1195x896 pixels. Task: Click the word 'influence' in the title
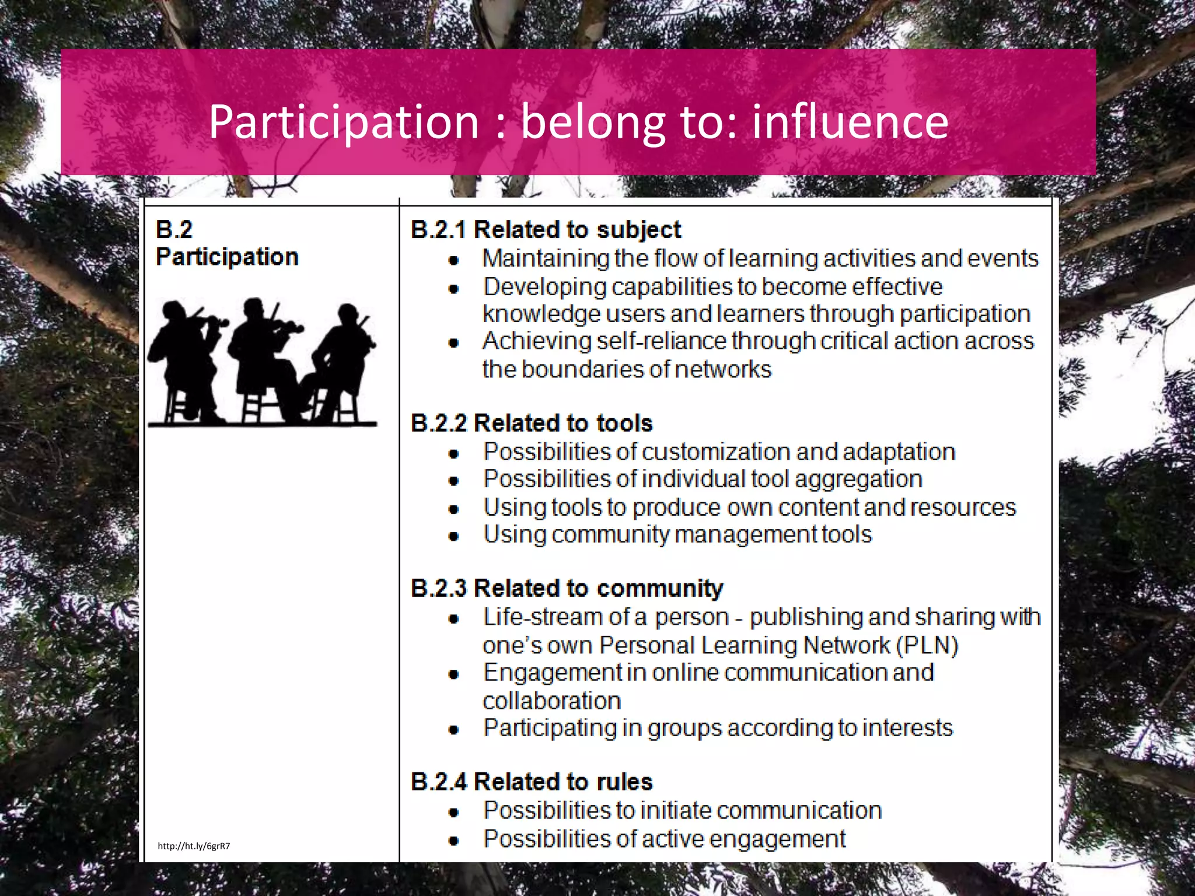(850, 122)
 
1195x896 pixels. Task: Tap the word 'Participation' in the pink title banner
(344, 123)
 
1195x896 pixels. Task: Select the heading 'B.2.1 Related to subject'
(546, 230)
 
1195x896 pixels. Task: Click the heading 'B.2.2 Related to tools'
(532, 423)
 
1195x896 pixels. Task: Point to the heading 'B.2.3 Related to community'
(567, 588)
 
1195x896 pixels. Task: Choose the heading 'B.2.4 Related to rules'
(532, 782)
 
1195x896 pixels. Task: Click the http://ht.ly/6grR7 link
(194, 846)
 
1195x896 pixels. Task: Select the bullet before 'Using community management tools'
(454, 536)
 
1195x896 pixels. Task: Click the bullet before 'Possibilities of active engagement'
(454, 841)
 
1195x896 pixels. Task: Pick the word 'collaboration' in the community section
(551, 701)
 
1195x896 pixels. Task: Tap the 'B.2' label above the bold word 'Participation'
(174, 230)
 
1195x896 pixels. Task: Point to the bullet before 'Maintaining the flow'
(454, 260)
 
